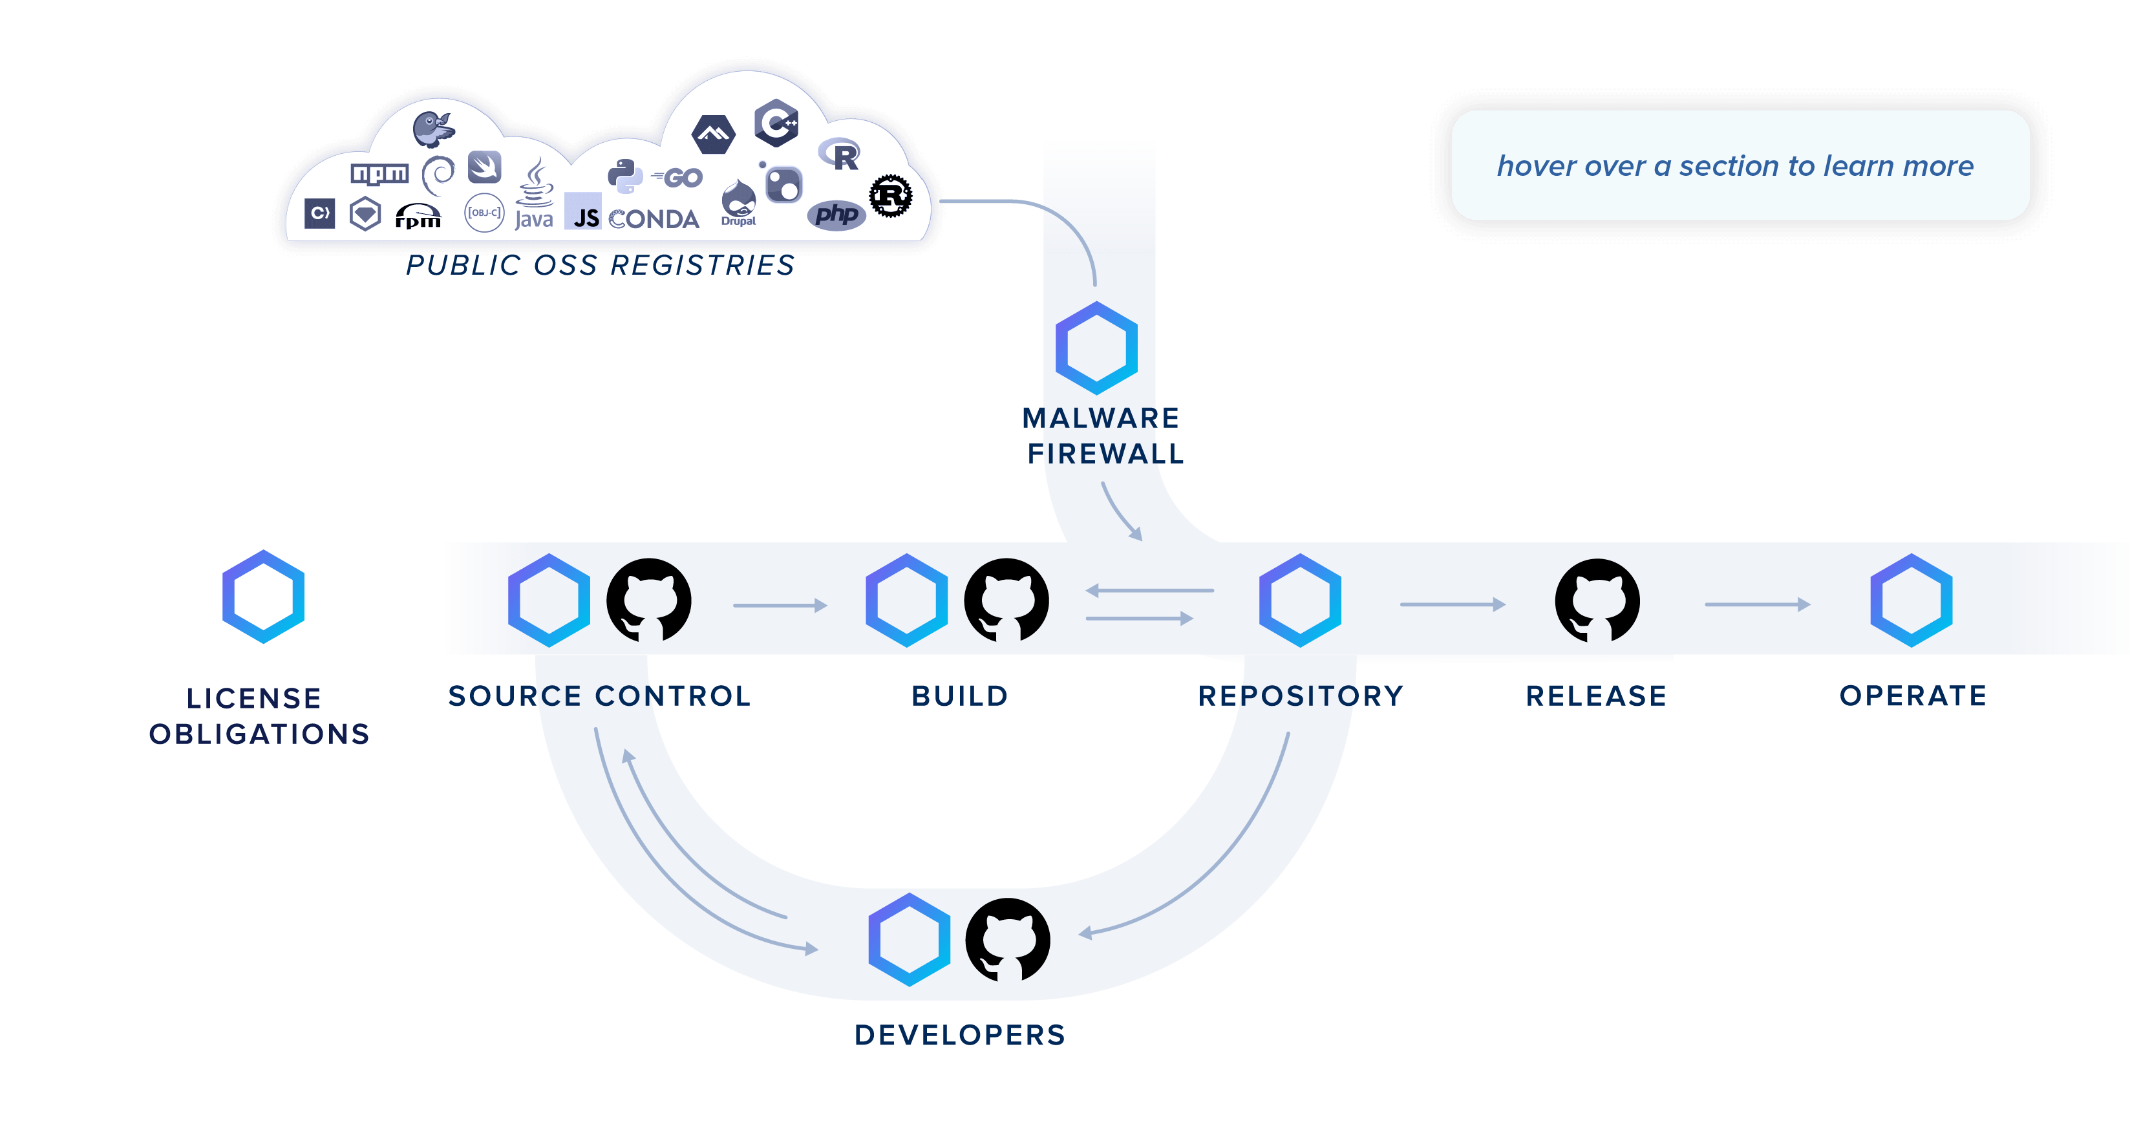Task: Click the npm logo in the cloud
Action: [x=379, y=174]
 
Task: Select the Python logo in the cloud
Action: [x=625, y=176]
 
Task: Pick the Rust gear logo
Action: [x=891, y=196]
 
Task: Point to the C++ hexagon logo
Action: [x=776, y=123]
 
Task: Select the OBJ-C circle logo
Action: [x=484, y=213]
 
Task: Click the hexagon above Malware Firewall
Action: [x=1096, y=348]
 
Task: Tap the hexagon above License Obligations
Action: [x=263, y=596]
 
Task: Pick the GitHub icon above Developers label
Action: [x=1008, y=940]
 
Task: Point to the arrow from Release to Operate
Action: [x=1757, y=604]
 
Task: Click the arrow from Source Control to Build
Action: [x=780, y=605]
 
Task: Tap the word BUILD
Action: [x=959, y=696]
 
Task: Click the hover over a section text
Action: [x=1735, y=166]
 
